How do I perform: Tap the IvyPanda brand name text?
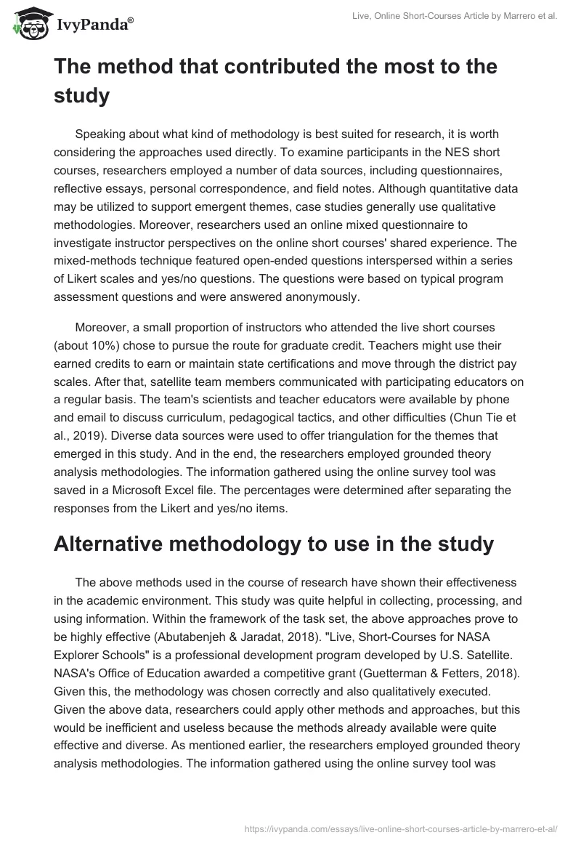click(95, 24)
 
